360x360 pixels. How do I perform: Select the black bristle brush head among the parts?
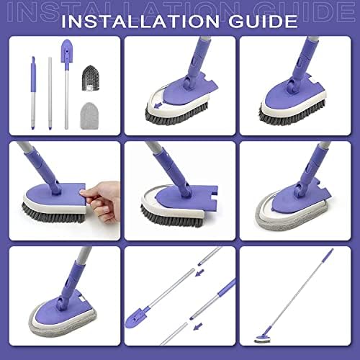point(91,76)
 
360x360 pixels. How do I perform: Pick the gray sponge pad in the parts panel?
point(91,112)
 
